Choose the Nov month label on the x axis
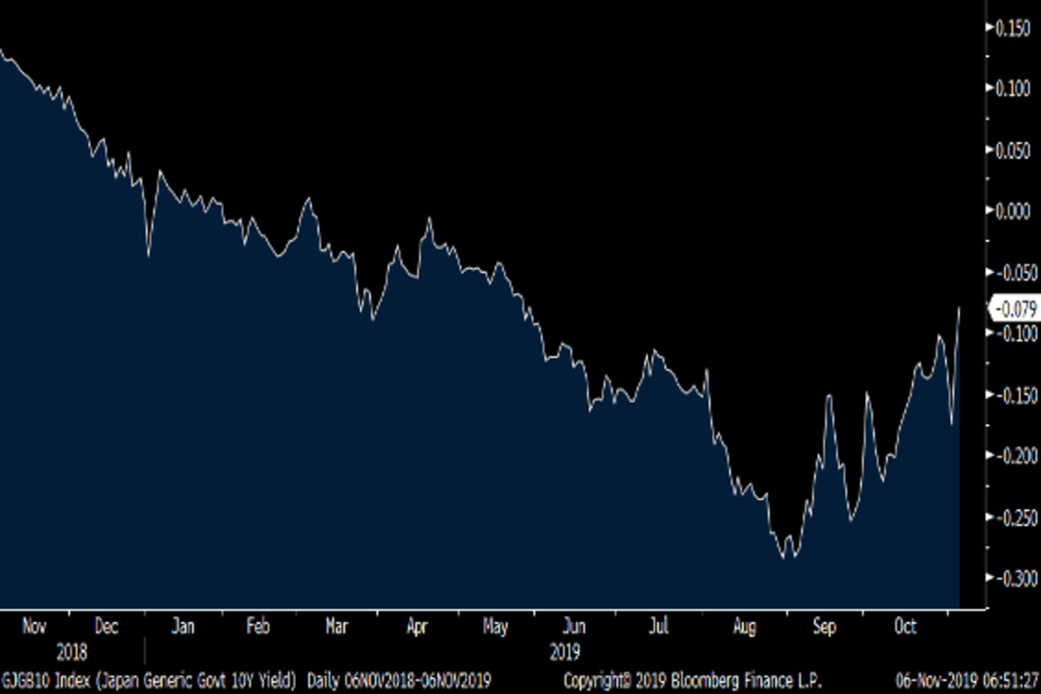(33, 627)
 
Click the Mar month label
(338, 627)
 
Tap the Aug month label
(744, 627)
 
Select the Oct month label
(906, 627)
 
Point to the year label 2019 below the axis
(564, 651)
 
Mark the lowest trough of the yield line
(784, 558)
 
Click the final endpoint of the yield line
(959, 307)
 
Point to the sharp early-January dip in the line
(148, 255)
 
